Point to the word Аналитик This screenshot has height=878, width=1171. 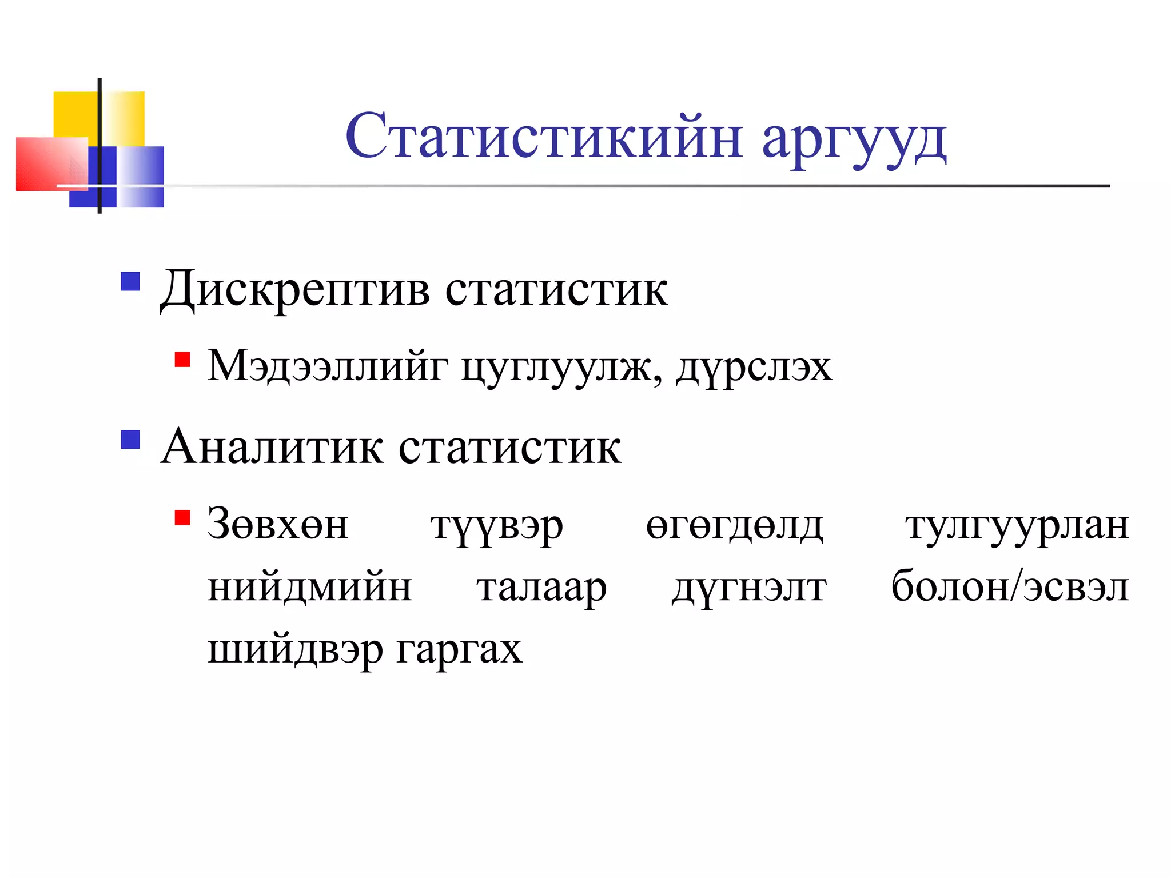click(272, 448)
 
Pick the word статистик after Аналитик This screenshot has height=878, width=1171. click(509, 448)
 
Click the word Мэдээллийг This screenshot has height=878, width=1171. click(328, 366)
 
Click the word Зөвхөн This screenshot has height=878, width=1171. click(278, 524)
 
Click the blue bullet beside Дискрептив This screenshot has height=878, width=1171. click(130, 281)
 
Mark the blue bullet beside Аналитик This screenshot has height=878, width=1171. click(130, 439)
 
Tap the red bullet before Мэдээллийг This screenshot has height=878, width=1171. click(182, 360)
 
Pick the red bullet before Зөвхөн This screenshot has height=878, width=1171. click(182, 517)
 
